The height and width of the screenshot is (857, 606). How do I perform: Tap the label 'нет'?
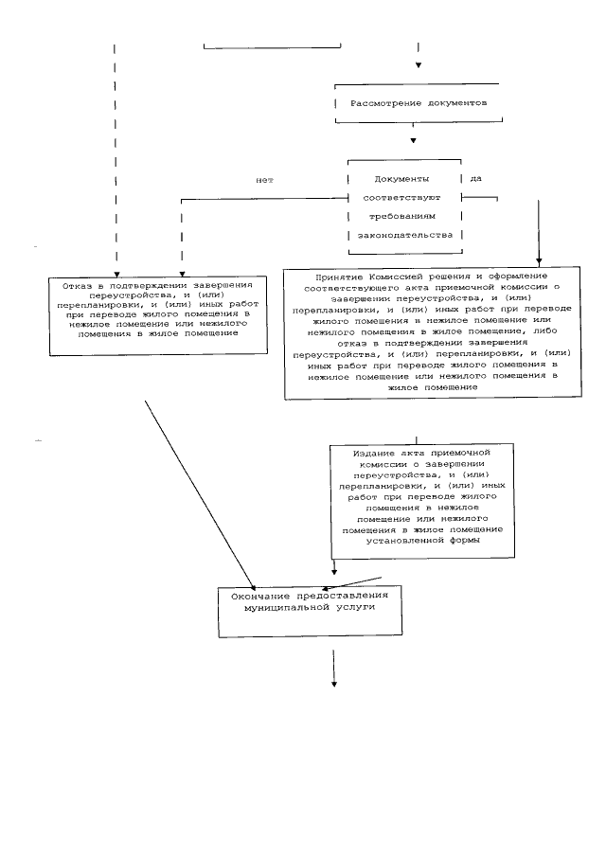click(x=263, y=179)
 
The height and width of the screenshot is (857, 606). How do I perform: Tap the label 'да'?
click(x=475, y=178)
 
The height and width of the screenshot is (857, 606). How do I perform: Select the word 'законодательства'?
click(x=404, y=234)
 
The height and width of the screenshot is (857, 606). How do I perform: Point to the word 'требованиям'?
click(x=404, y=216)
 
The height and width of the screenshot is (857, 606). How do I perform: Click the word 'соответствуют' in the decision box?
click(x=404, y=197)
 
